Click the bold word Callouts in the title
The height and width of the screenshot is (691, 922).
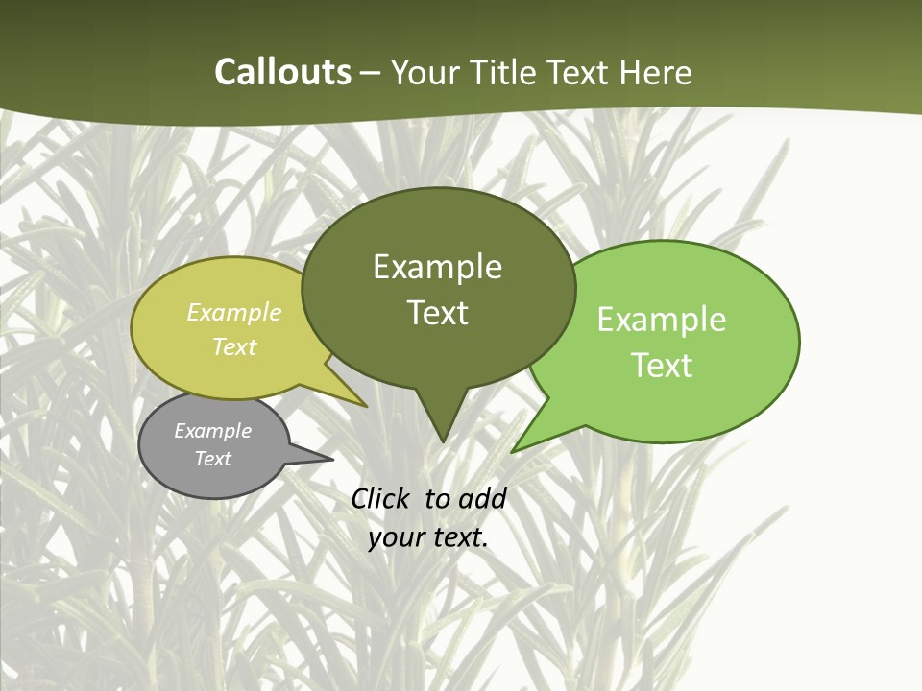click(282, 73)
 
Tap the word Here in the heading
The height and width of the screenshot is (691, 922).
click(655, 73)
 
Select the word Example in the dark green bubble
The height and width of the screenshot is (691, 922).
click(437, 267)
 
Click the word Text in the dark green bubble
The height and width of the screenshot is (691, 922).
click(437, 313)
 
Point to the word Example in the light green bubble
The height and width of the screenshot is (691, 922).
click(662, 320)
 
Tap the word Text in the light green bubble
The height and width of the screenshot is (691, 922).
click(662, 366)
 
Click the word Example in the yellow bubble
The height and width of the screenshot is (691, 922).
click(234, 313)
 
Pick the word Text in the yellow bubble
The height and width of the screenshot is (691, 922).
click(234, 346)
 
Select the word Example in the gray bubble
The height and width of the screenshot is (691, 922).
click(212, 431)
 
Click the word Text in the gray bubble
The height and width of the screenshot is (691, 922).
click(212, 459)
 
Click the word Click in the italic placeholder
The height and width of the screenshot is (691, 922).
click(380, 498)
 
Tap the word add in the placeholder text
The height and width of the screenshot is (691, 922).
click(481, 498)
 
